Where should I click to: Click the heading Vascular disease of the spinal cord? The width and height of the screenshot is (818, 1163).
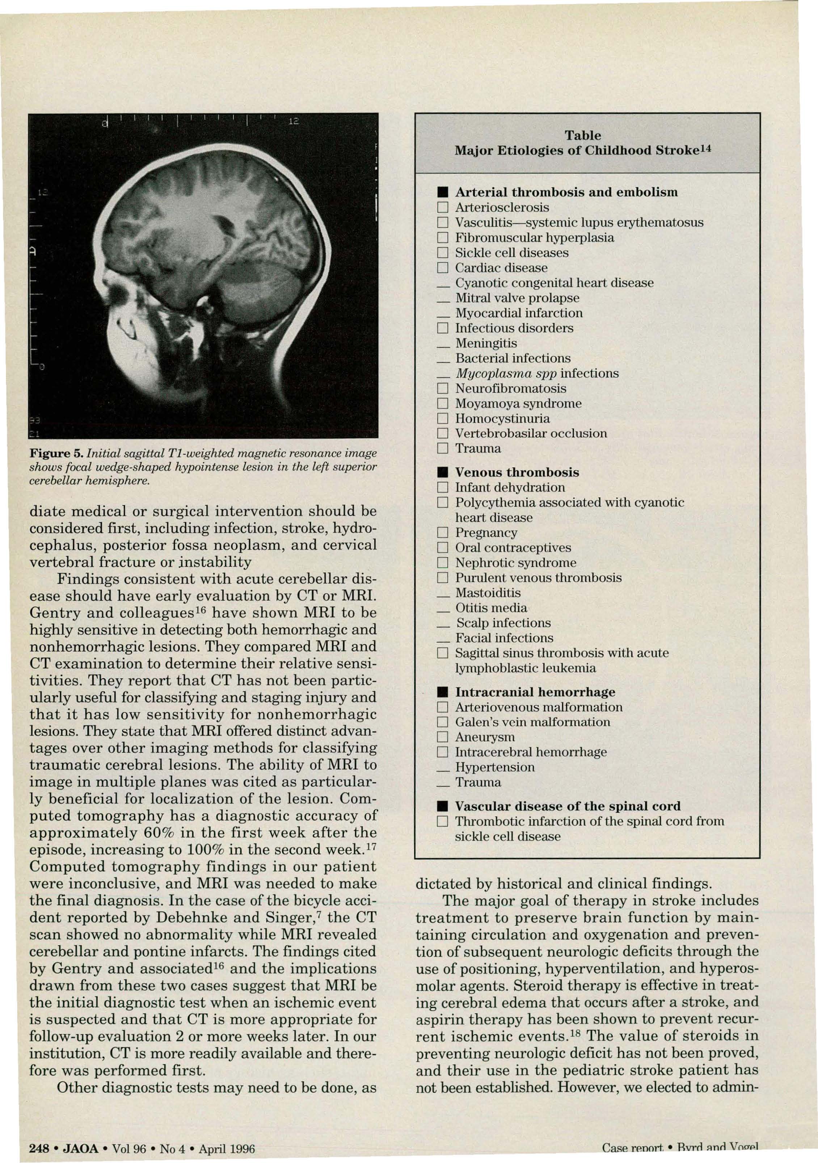pos(568,806)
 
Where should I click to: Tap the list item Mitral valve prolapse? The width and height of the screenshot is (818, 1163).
pos(517,298)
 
